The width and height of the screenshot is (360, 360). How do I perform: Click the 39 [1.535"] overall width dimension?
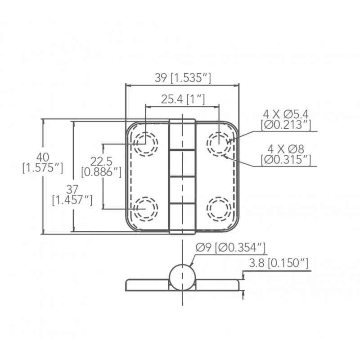[183, 78]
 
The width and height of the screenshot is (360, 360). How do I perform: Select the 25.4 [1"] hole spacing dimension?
[183, 99]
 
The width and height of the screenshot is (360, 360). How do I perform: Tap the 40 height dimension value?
[43, 157]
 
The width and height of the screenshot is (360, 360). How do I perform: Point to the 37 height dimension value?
[72, 189]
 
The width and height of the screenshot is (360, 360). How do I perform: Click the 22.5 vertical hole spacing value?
[101, 162]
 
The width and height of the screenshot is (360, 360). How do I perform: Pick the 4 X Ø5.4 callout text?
[286, 114]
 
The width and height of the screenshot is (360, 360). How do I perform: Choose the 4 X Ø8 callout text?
[286, 149]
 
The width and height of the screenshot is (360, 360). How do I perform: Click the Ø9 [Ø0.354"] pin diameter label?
[230, 247]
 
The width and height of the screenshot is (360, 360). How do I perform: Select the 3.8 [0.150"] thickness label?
[279, 263]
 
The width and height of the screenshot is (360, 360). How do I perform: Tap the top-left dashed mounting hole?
[145, 144]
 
